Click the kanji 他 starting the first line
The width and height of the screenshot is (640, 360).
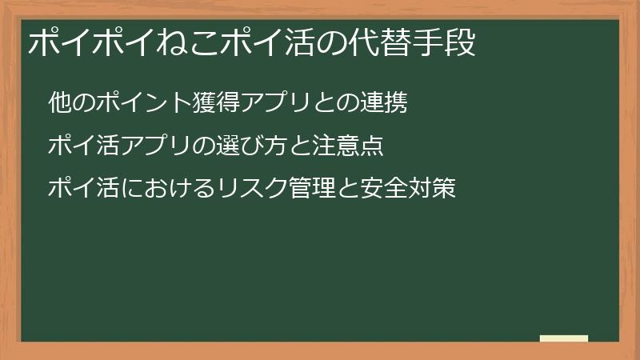click(58, 103)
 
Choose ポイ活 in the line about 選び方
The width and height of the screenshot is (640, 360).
click(78, 146)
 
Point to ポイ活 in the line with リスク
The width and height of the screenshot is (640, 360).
click(78, 190)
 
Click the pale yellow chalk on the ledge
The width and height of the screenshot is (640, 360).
click(564, 338)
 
